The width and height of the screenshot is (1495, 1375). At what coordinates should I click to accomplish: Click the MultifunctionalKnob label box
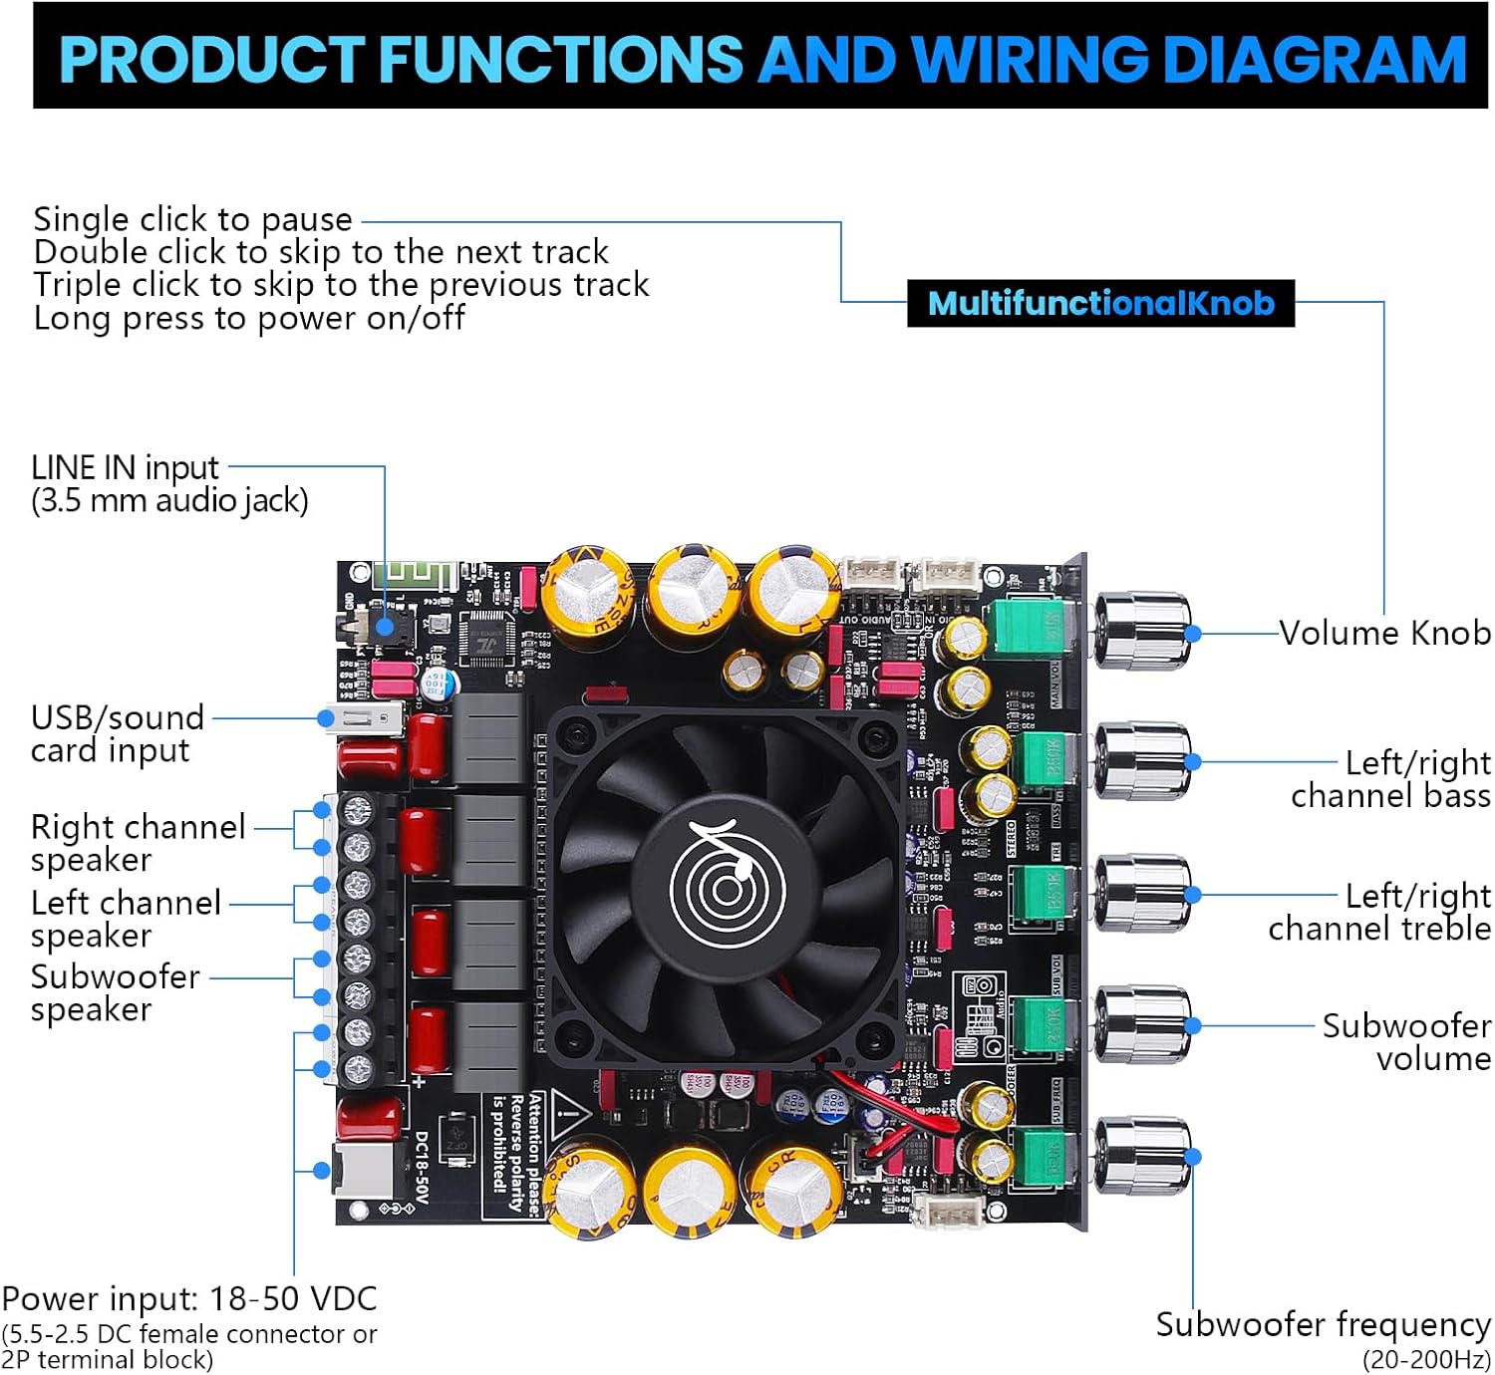(x=1100, y=303)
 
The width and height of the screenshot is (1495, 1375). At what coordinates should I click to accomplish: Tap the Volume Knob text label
(x=1384, y=633)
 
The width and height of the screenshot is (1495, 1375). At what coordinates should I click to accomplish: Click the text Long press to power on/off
(x=249, y=318)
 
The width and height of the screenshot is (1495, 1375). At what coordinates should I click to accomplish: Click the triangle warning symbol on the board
(x=569, y=1112)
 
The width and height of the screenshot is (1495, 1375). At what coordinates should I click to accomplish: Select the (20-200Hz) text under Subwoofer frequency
(x=1425, y=1359)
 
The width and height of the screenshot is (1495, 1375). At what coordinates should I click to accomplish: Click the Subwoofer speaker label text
(x=115, y=992)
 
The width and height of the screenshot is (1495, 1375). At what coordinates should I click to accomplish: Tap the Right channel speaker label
(x=138, y=843)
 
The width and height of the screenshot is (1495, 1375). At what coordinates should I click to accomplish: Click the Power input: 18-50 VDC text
(x=189, y=1298)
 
